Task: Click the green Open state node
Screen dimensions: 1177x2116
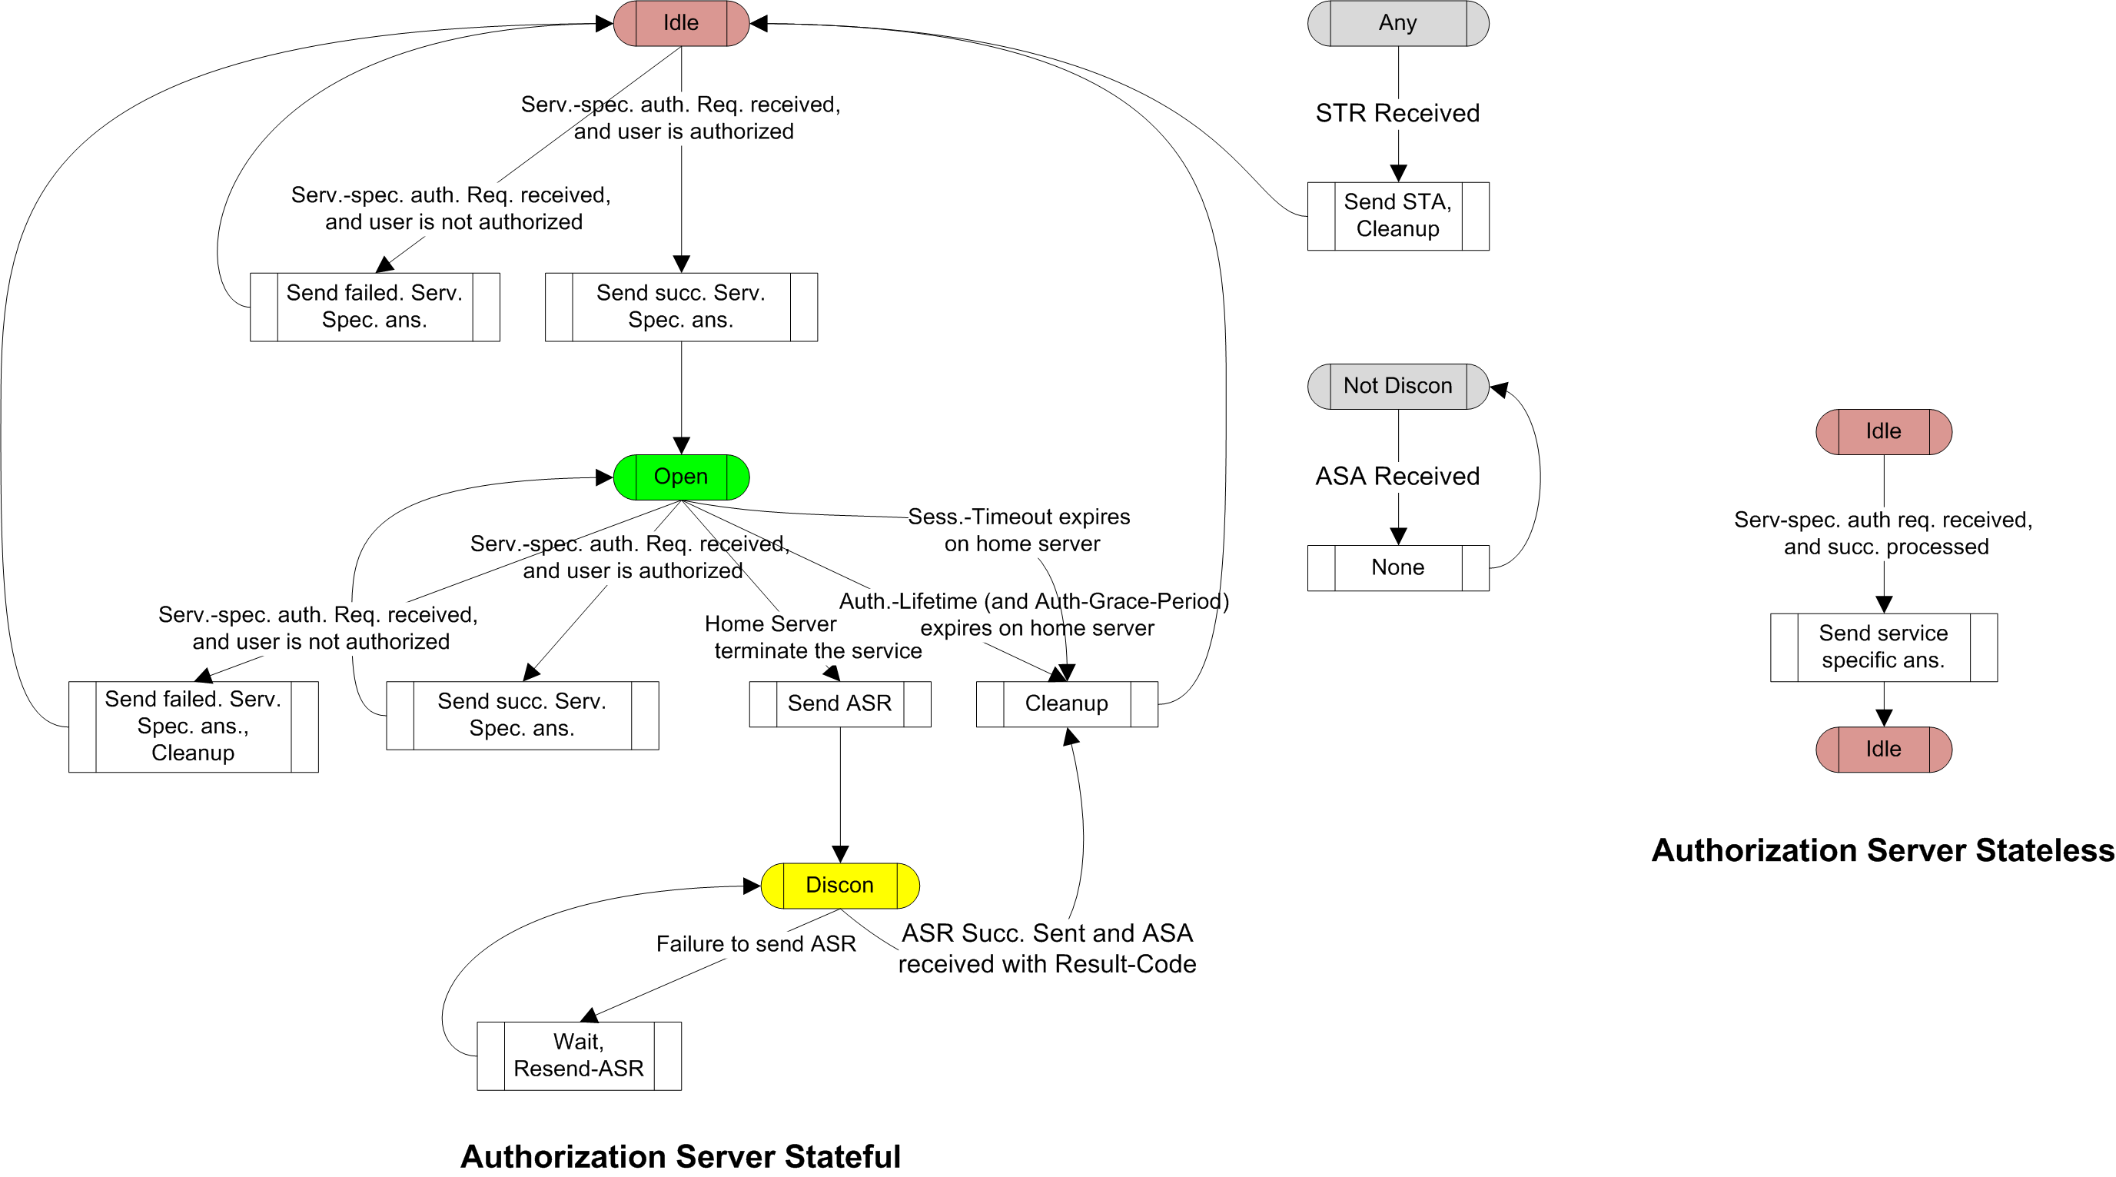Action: [x=681, y=477]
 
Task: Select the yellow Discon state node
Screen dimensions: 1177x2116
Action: [x=839, y=885]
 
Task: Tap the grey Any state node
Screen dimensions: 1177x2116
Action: [x=1397, y=23]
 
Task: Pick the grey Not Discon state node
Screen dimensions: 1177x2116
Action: [x=1397, y=386]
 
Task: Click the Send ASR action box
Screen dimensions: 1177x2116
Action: [x=839, y=703]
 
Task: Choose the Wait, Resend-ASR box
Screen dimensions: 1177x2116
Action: [x=578, y=1056]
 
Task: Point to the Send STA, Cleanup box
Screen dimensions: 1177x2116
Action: [x=1397, y=215]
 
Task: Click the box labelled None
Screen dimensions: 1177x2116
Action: [x=1397, y=567]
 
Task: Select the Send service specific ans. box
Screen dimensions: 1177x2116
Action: [x=1882, y=647]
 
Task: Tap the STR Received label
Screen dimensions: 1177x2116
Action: [x=1397, y=113]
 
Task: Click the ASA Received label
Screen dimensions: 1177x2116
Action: [x=1397, y=477]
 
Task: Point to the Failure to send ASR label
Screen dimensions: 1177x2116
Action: [x=756, y=944]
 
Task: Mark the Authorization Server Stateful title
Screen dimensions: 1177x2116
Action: [x=680, y=1156]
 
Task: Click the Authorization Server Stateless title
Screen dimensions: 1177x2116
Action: [x=1882, y=850]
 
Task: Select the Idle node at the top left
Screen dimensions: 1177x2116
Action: [x=681, y=23]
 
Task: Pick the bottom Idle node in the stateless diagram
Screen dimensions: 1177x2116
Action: [x=1882, y=749]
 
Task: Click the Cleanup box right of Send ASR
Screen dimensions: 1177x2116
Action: [x=1066, y=703]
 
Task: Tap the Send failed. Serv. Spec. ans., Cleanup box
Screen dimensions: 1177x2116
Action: [x=193, y=726]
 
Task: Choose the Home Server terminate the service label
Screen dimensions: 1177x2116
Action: [x=813, y=637]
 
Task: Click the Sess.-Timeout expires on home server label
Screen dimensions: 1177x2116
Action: [x=1020, y=530]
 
